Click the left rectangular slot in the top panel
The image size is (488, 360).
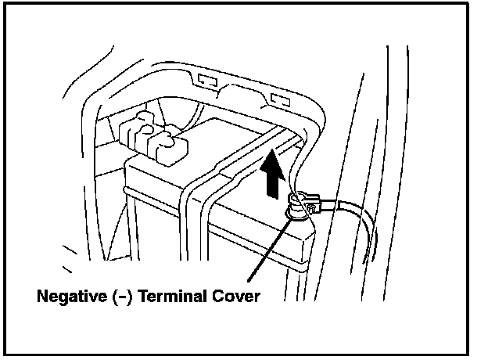pyautogui.click(x=208, y=80)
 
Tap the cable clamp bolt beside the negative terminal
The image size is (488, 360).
pyautogui.click(x=310, y=207)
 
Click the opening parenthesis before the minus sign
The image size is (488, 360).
pyautogui.click(x=112, y=297)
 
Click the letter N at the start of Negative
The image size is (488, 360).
pyautogui.click(x=41, y=297)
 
